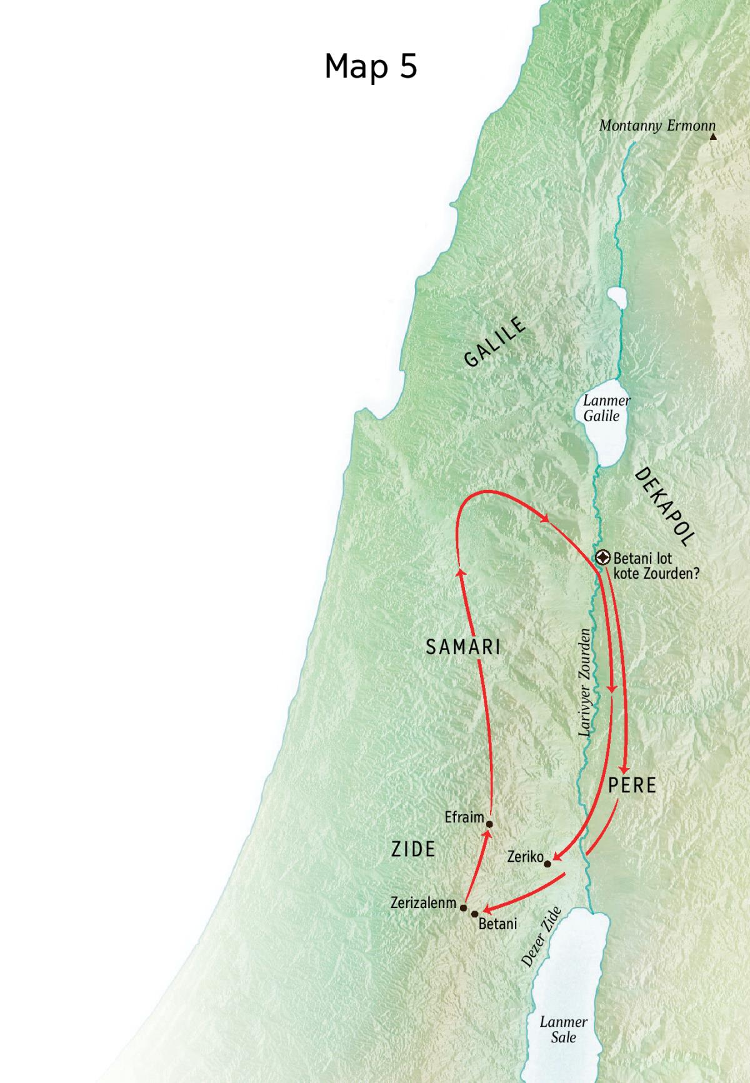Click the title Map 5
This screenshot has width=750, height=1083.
[371, 66]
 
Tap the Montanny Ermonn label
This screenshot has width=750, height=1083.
[657, 126]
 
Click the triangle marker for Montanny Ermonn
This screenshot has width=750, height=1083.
[712, 136]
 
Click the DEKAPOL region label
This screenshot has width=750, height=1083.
[665, 507]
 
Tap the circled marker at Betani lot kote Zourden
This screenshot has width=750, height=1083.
[603, 557]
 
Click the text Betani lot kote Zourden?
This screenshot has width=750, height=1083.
[656, 566]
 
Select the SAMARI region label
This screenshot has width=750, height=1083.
[463, 647]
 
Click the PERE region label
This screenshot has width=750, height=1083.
[632, 786]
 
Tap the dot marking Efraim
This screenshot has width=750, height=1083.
[489, 824]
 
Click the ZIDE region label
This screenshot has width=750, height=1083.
[413, 849]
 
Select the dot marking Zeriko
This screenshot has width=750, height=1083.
[547, 864]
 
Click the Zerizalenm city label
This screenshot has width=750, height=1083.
[424, 903]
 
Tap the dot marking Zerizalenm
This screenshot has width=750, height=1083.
[464, 907]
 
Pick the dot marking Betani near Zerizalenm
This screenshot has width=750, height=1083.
[475, 914]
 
